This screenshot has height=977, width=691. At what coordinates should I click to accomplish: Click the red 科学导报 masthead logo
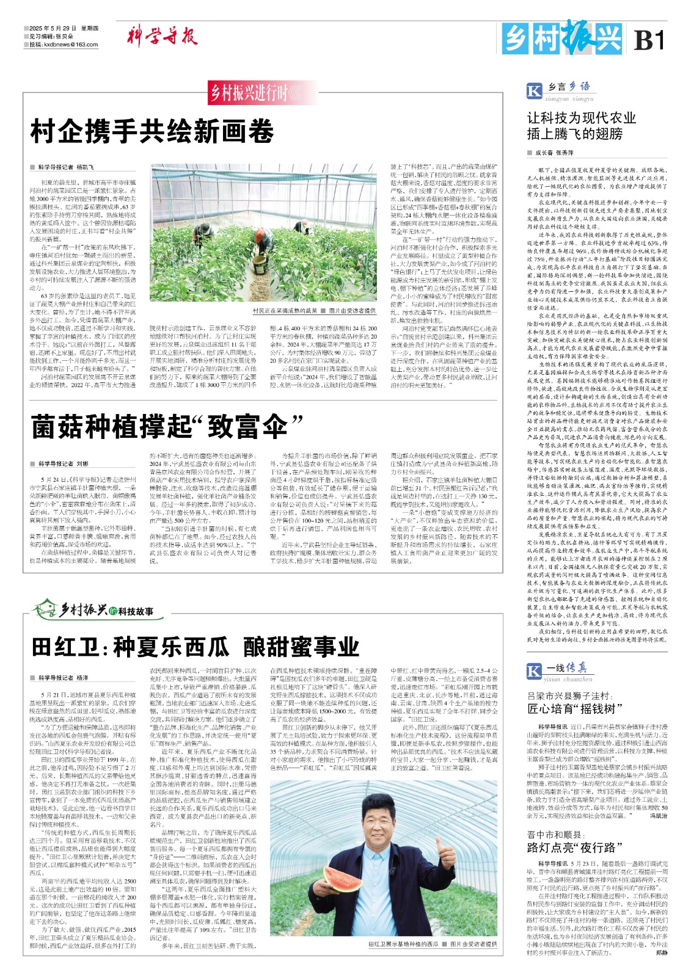[162, 36]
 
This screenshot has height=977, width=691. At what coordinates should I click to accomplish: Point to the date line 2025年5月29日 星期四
[64, 28]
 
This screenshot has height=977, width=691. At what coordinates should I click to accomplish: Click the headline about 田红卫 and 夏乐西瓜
[196, 646]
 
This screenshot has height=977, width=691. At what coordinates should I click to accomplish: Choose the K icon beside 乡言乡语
[534, 90]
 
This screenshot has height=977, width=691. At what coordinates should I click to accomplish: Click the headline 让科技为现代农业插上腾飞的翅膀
[582, 125]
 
